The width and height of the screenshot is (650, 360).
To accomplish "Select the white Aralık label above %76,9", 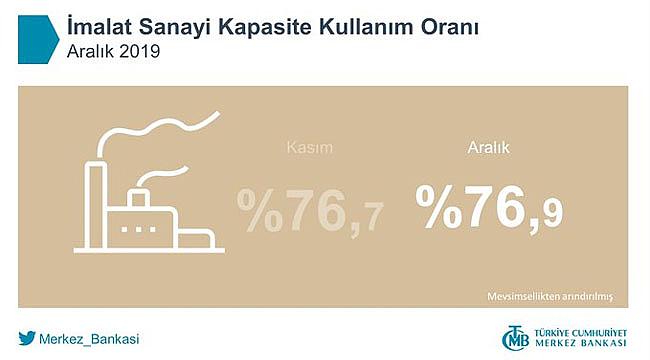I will (490, 148).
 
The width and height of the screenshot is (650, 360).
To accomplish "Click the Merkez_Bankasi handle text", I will (90, 338).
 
